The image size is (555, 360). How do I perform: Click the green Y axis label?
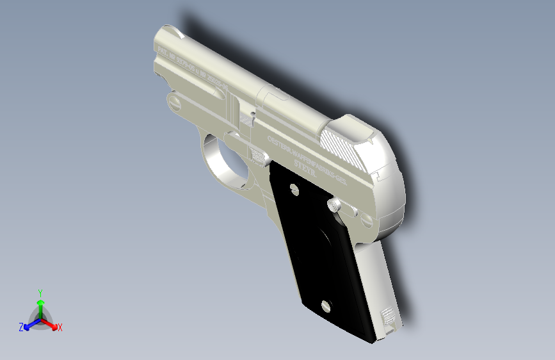(40, 292)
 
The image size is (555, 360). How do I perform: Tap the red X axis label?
(60, 328)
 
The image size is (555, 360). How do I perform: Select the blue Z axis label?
(21, 327)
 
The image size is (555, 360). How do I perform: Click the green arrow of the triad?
(40, 305)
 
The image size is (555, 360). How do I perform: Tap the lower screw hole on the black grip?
(325, 306)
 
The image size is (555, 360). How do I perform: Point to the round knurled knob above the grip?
(335, 205)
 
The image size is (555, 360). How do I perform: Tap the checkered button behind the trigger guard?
(258, 155)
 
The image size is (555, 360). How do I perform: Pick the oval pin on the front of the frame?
(173, 101)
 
